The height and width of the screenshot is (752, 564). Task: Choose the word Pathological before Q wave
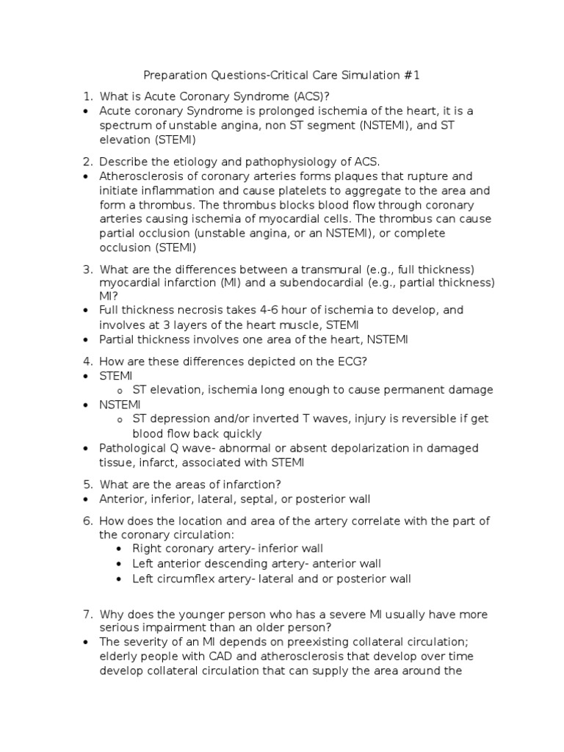point(133,448)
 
